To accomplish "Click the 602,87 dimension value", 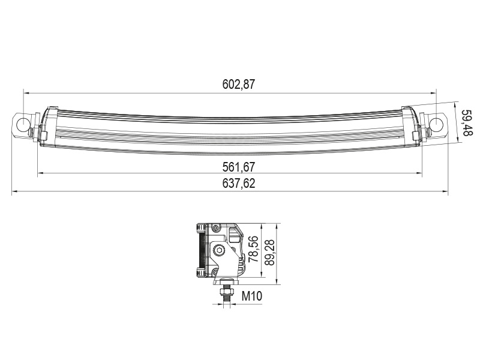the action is [238, 84].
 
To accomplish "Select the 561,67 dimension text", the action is [238, 167].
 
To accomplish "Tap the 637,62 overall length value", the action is [238, 184].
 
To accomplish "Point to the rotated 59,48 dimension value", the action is [467, 123].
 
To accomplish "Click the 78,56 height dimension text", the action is [254, 249].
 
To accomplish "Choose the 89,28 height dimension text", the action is [269, 249].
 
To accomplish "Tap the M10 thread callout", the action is [252, 296].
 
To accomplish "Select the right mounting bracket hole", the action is [436, 124].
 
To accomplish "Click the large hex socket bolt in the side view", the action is [220, 251].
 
